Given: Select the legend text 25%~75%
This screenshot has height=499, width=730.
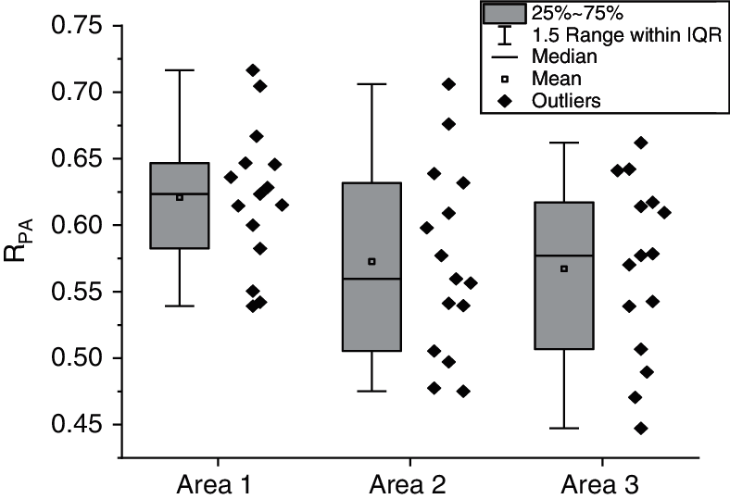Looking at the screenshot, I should (568, 13).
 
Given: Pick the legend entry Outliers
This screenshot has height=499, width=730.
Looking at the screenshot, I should (568, 99).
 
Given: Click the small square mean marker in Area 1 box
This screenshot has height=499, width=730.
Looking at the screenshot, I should (180, 197).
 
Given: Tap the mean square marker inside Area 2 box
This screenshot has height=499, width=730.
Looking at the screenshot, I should (371, 261).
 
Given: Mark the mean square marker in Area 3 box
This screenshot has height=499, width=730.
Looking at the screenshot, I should (563, 268).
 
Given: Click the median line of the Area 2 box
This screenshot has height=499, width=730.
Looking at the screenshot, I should (371, 279).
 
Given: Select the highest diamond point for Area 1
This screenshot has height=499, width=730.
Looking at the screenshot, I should (253, 70).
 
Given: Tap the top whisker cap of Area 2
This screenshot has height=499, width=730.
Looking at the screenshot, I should (371, 84).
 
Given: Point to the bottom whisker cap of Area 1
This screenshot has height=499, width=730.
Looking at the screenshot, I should (180, 306).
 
